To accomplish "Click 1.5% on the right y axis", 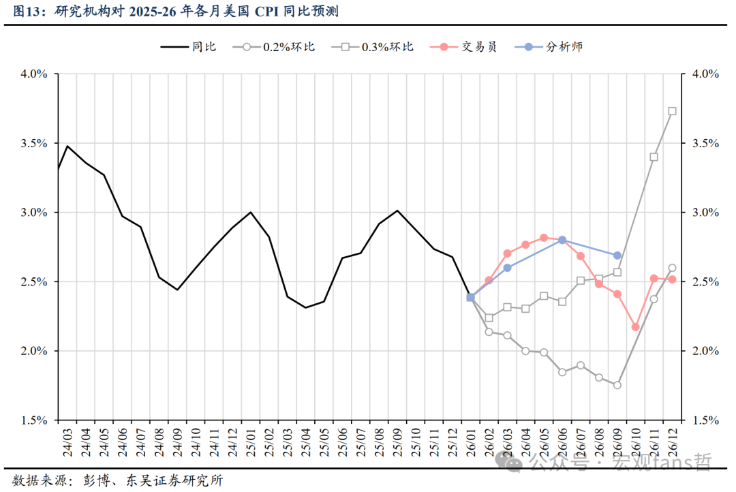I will (705, 420).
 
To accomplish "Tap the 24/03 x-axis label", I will (67, 440).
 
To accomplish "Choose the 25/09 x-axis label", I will (397, 440).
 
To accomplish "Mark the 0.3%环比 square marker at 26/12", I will (673, 111).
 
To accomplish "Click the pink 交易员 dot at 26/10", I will (635, 327).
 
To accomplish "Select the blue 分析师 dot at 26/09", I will (617, 256).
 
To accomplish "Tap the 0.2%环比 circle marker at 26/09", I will (617, 385).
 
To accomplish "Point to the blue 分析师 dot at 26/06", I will (562, 240).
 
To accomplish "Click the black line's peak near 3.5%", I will (67, 146).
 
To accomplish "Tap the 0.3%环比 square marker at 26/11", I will (654, 157).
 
